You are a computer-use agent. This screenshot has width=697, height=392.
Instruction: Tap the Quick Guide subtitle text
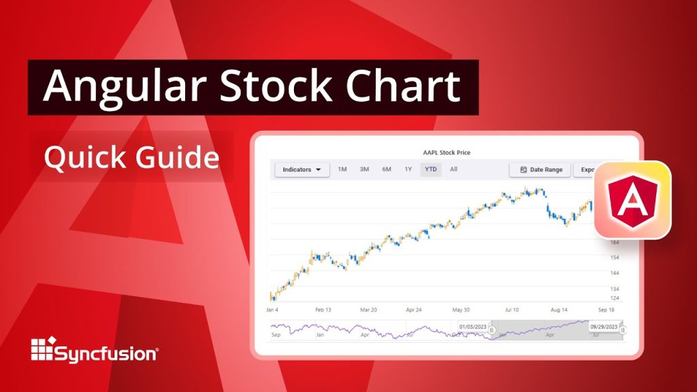click(x=131, y=158)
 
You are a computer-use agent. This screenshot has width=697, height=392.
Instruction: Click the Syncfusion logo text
click(x=106, y=354)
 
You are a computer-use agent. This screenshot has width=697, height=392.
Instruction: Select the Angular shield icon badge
click(x=632, y=200)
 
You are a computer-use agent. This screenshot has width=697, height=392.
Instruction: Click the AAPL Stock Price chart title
click(x=447, y=152)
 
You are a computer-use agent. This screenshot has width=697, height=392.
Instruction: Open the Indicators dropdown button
click(x=302, y=169)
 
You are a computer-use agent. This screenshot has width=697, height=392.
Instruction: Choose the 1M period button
click(x=342, y=169)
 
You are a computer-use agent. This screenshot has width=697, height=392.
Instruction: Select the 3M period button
click(x=364, y=169)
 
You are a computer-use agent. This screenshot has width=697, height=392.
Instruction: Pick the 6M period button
click(x=387, y=169)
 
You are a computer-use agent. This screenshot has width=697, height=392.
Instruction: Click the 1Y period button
click(x=408, y=169)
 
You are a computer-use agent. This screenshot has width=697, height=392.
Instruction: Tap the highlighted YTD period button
click(x=431, y=169)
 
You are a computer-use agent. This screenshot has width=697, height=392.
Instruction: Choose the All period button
click(x=453, y=169)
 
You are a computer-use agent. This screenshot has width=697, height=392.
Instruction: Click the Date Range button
click(x=540, y=169)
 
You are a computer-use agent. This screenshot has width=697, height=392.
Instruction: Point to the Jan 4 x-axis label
click(x=272, y=310)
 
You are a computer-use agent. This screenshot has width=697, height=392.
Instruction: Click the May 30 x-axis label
click(x=461, y=310)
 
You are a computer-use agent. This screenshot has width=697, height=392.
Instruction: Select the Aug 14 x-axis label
click(x=559, y=310)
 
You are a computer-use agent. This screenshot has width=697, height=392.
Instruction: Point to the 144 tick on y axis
click(x=615, y=273)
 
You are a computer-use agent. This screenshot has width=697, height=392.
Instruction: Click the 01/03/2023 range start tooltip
click(x=473, y=327)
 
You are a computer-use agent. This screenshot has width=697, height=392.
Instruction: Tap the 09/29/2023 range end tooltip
click(x=604, y=327)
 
